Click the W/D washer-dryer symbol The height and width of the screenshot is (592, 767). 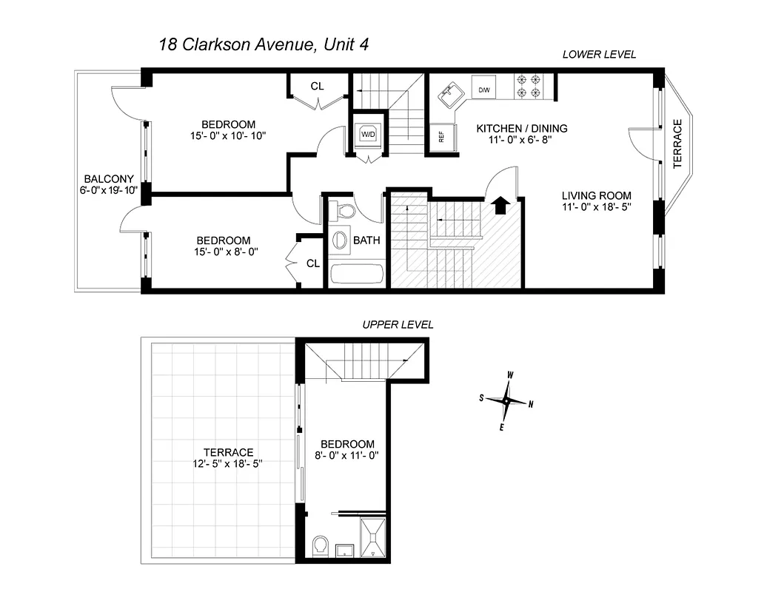pyautogui.click(x=368, y=134)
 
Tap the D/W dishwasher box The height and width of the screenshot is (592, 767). pyautogui.click(x=484, y=90)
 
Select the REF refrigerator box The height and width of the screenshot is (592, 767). pyautogui.click(x=441, y=136)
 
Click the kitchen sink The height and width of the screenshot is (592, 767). pyautogui.click(x=449, y=94)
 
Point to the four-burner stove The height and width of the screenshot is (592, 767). pyautogui.click(x=530, y=87)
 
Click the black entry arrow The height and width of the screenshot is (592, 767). pyautogui.click(x=500, y=204)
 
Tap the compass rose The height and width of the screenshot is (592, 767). pyautogui.click(x=506, y=401)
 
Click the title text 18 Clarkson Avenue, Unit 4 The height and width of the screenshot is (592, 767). pyautogui.click(x=264, y=45)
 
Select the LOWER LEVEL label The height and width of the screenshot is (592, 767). pyautogui.click(x=599, y=55)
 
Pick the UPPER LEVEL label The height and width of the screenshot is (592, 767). pyautogui.click(x=397, y=325)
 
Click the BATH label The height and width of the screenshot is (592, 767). pyautogui.click(x=366, y=240)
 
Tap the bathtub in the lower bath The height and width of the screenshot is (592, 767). pyautogui.click(x=357, y=273)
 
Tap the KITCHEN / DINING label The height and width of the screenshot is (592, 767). pyautogui.click(x=521, y=128)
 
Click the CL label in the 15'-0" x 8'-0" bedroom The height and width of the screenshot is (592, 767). pyautogui.click(x=313, y=263)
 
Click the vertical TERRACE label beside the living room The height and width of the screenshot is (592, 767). pyautogui.click(x=677, y=144)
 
